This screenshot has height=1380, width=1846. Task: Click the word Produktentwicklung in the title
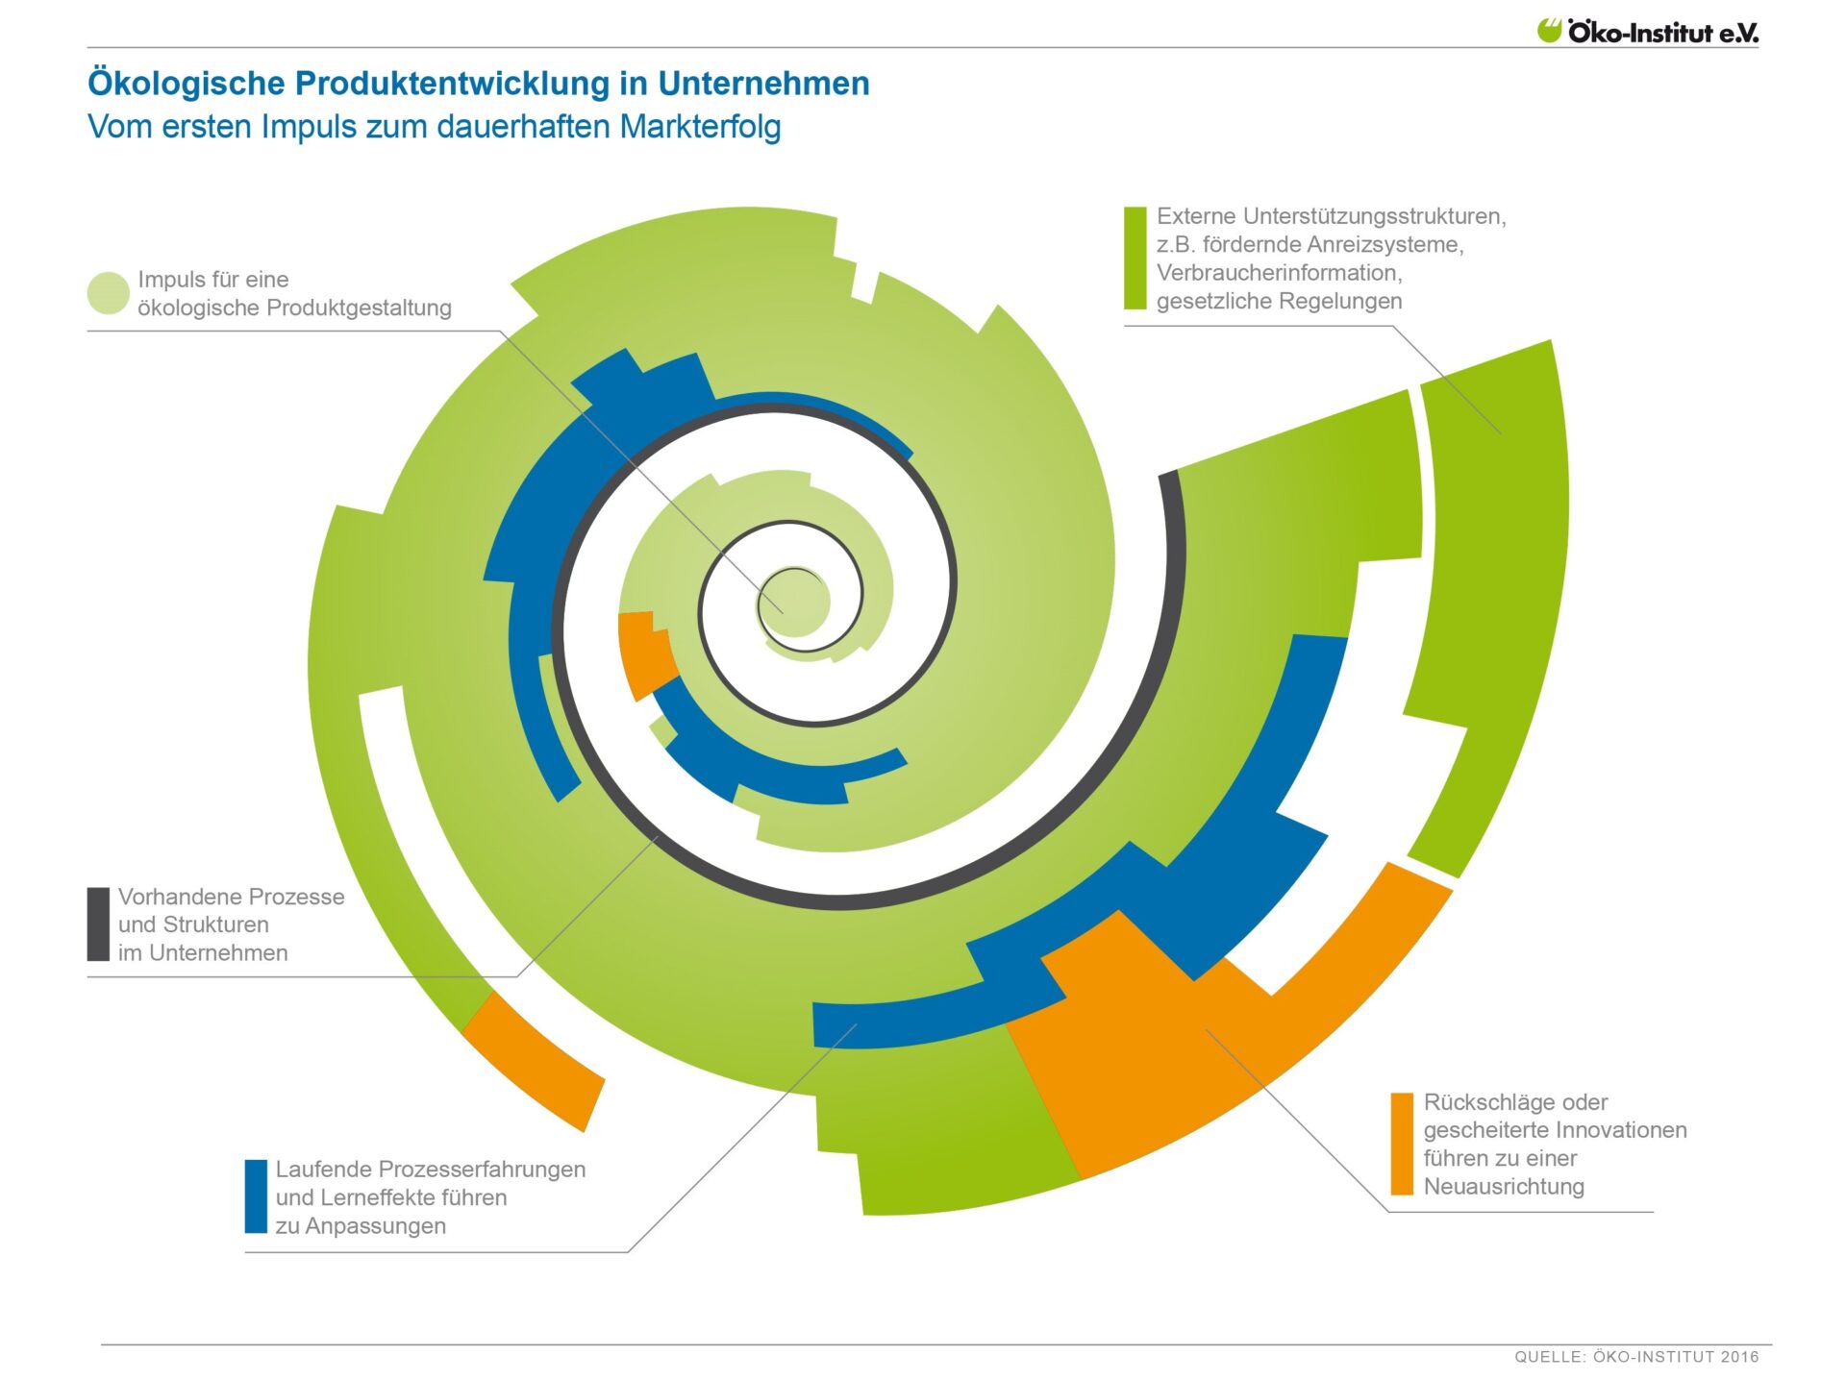click(x=452, y=84)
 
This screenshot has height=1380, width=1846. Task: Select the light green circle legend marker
click(x=108, y=293)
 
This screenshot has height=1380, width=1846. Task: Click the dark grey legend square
click(x=98, y=924)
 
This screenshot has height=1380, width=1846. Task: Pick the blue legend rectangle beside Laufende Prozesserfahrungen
click(x=256, y=1196)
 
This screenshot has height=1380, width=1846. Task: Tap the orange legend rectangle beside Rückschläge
click(x=1402, y=1144)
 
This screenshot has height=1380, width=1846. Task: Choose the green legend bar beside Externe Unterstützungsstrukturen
click(x=1135, y=258)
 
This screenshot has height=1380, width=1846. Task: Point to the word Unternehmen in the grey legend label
click(x=218, y=952)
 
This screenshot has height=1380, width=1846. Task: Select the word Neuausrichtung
click(x=1504, y=1186)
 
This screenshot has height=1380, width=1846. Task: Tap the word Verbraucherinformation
click(x=1279, y=273)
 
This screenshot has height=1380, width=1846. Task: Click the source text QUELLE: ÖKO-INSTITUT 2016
click(x=1636, y=1356)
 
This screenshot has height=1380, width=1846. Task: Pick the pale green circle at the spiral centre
click(x=795, y=602)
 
